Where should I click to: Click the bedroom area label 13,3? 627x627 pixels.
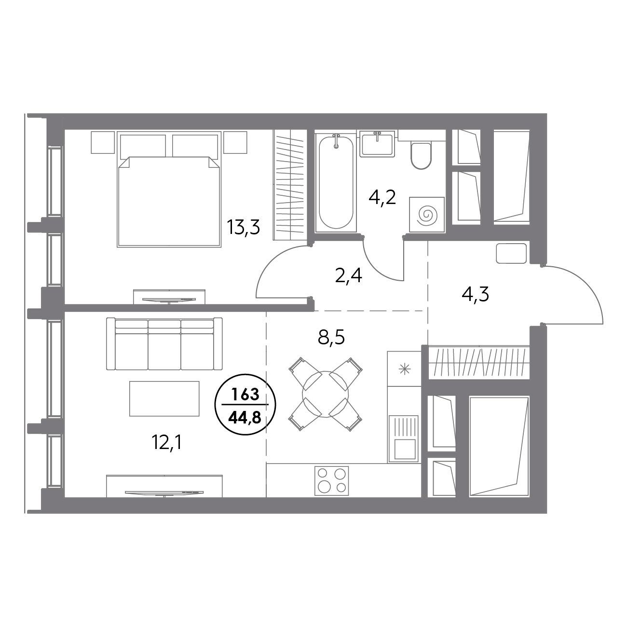[x=244, y=226]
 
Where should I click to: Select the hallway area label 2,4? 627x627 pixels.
[x=348, y=276]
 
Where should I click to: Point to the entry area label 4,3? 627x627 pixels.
[x=476, y=294]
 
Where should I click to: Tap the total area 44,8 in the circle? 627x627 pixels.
[x=245, y=416]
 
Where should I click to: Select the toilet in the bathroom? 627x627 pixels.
[x=420, y=154]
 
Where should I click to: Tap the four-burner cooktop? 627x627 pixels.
[x=331, y=480]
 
